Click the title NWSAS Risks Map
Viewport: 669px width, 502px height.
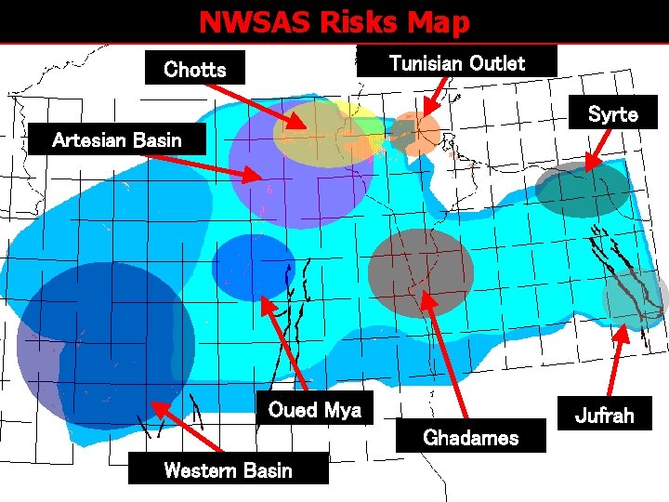tap(334, 21)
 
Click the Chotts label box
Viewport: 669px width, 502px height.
tap(195, 69)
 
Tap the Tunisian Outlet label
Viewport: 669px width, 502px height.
tap(456, 62)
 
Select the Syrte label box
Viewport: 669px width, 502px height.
tap(612, 113)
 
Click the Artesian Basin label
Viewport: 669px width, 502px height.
tap(117, 140)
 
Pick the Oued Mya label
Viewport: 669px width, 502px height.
tap(314, 410)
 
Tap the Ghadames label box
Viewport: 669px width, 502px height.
tap(470, 437)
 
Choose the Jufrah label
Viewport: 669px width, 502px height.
tap(604, 415)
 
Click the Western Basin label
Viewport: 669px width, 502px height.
tap(228, 469)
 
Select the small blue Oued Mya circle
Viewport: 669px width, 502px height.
tap(254, 267)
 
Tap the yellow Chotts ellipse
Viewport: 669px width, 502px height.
tap(321, 135)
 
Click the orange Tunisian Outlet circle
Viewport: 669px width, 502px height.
tap(418, 133)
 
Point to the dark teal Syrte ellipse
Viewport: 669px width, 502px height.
tap(583, 191)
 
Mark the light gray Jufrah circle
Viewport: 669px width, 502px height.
tap(635, 298)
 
